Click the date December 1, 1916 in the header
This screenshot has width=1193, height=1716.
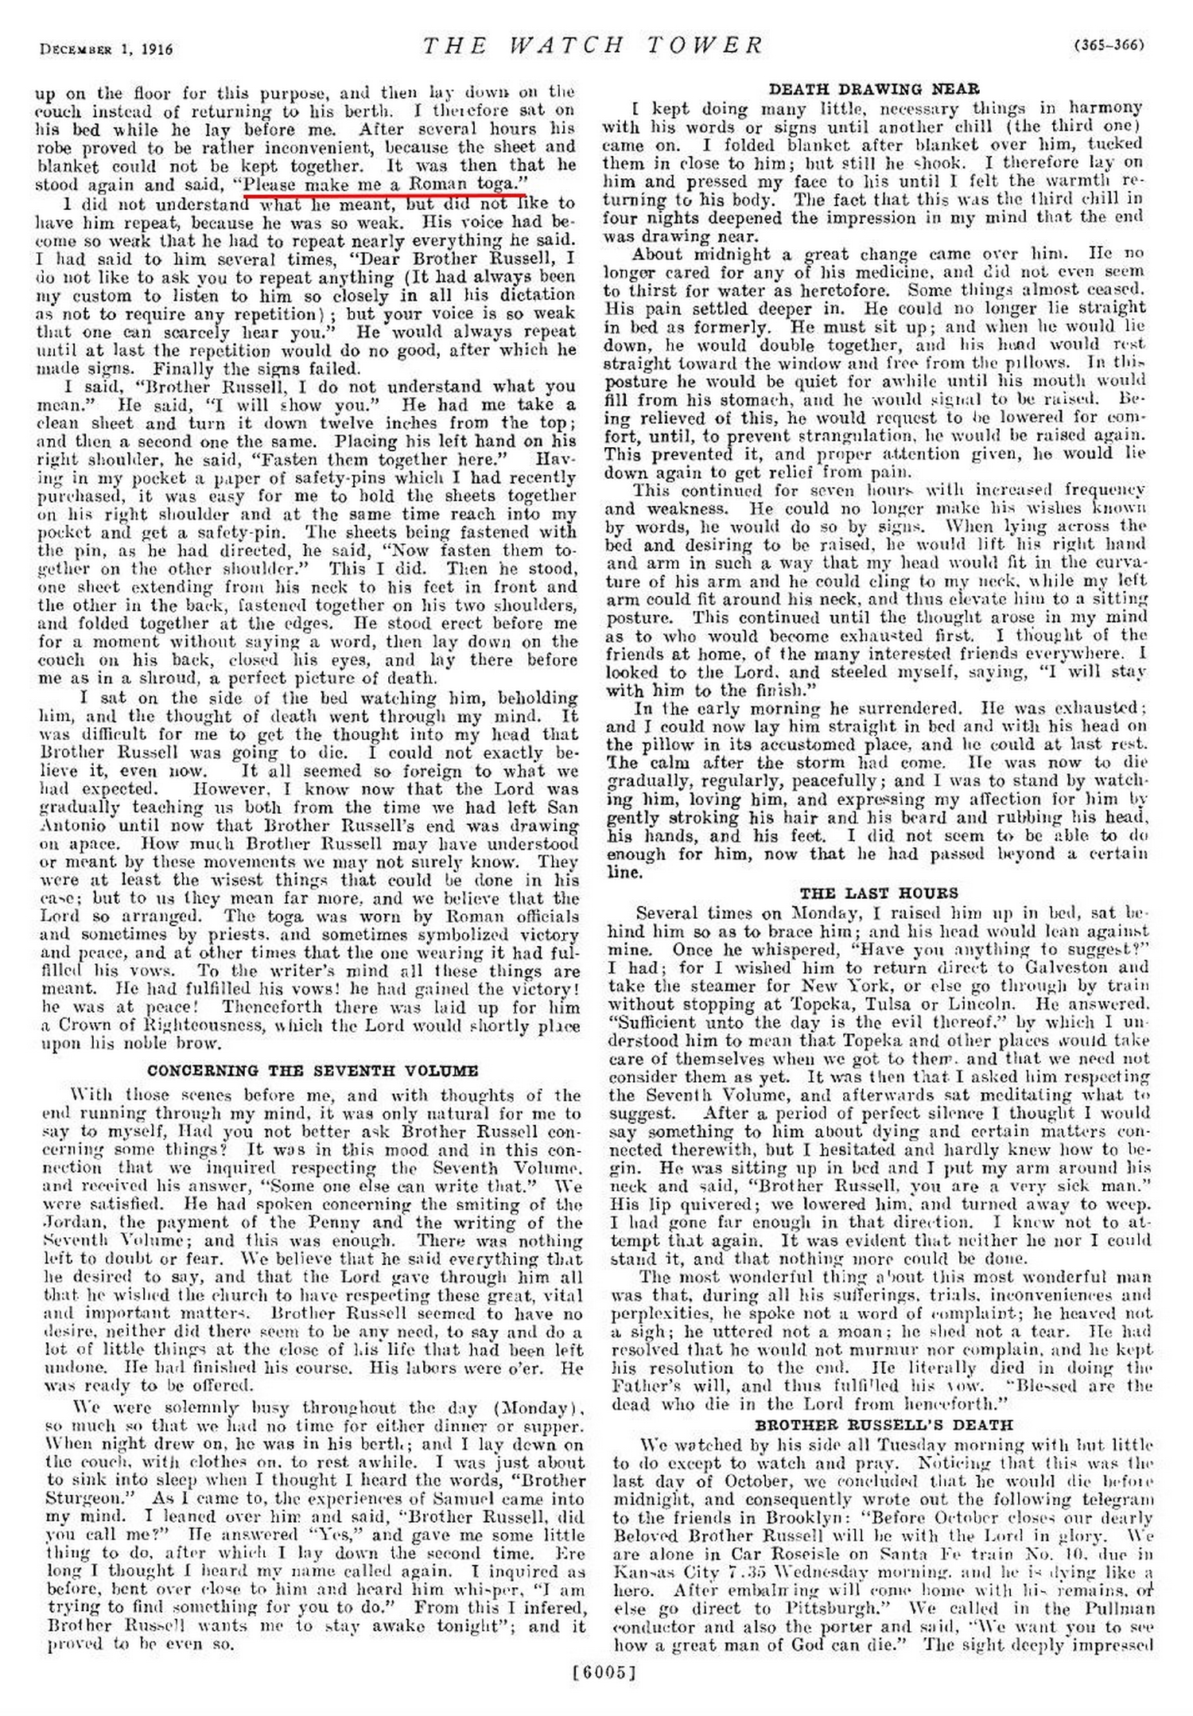tap(106, 50)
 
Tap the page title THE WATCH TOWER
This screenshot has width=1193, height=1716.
tap(593, 45)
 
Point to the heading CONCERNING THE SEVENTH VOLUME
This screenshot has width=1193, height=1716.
tap(313, 1071)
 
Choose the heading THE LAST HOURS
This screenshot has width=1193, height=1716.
tap(879, 893)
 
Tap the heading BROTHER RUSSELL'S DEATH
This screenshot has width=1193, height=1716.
tap(884, 1425)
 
